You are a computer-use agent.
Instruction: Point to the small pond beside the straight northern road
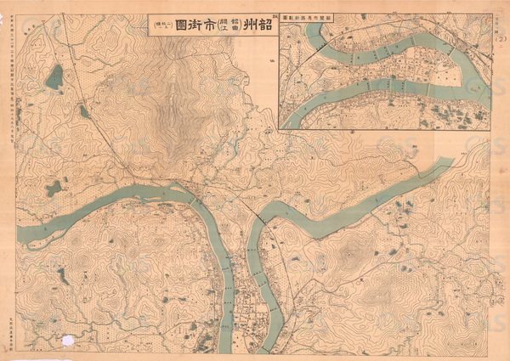(84, 111)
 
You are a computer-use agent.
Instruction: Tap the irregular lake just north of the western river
(53, 188)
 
